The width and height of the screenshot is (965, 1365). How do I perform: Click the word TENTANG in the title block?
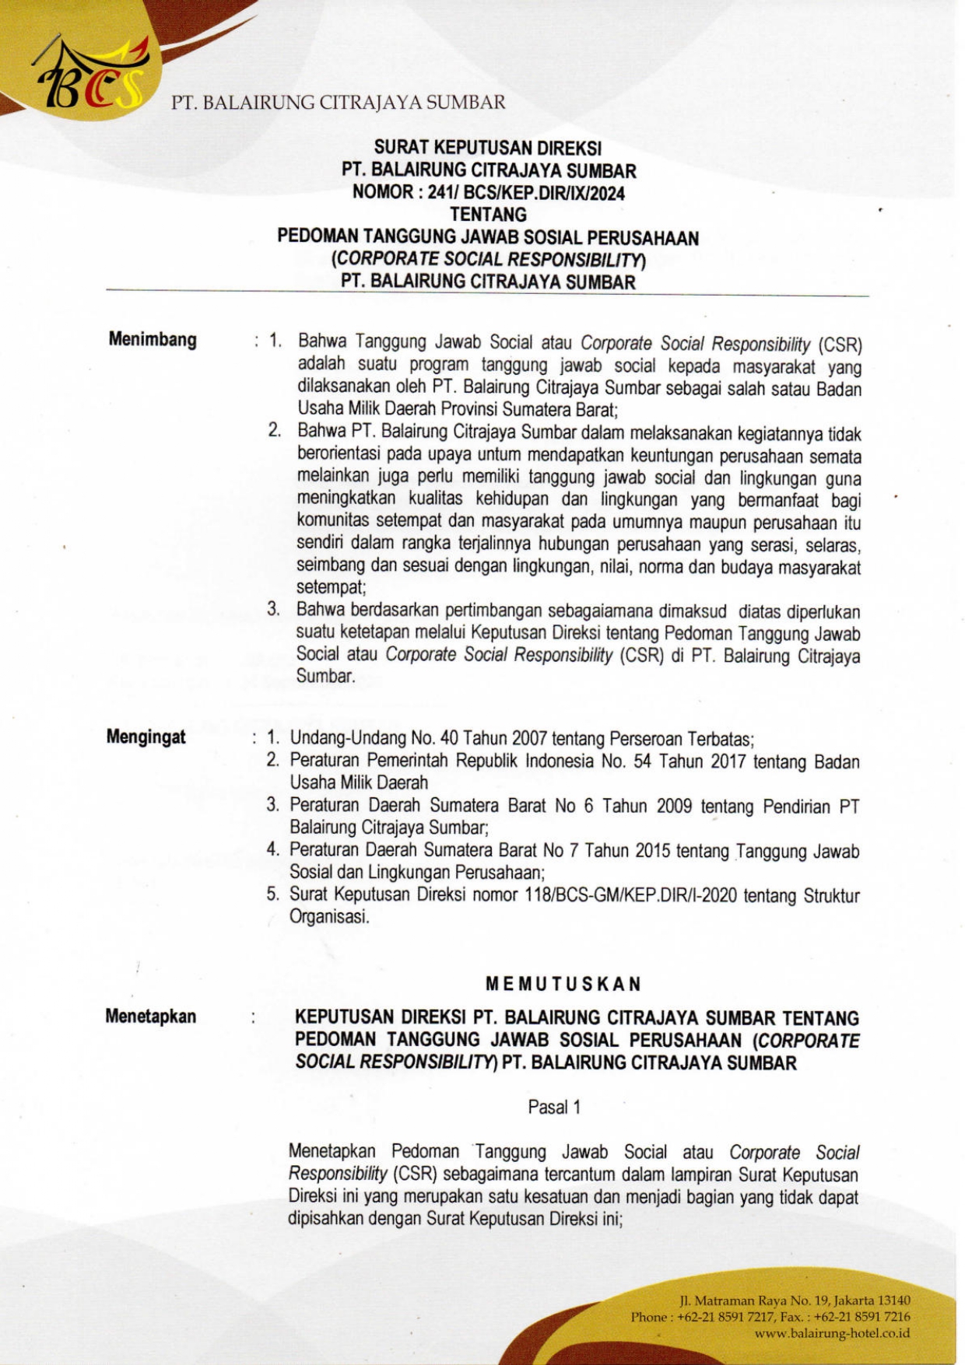click(488, 215)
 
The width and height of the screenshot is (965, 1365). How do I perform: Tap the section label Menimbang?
click(153, 339)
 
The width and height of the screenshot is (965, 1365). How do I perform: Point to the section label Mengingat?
click(146, 737)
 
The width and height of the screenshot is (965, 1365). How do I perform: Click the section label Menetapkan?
click(151, 1016)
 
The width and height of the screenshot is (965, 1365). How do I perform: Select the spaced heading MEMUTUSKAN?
click(563, 984)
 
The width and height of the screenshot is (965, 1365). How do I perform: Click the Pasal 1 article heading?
click(554, 1107)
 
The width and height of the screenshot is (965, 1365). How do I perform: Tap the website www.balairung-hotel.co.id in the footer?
click(832, 1333)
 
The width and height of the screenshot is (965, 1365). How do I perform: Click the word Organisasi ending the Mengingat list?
click(328, 917)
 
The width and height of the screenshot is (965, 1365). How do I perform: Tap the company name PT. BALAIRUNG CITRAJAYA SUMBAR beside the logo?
click(339, 103)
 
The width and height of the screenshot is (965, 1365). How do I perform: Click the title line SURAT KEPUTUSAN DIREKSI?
click(488, 148)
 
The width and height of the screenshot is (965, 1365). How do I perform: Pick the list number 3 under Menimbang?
click(273, 610)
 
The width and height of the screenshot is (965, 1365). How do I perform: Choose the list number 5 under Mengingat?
click(272, 894)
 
